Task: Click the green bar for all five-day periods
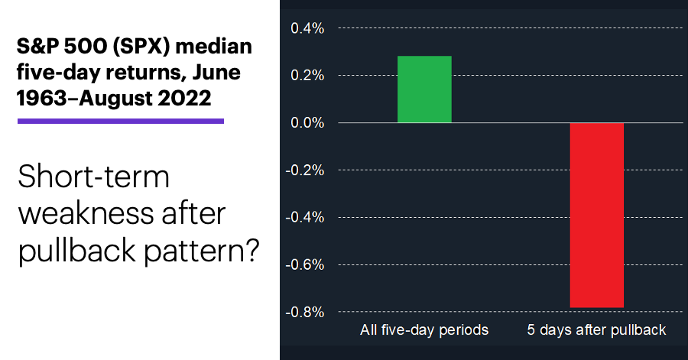pos(424,89)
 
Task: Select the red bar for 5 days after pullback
pos(597,216)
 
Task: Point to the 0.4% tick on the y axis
pos(307,28)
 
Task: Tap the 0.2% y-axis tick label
pos(307,76)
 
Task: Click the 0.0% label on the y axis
pos(307,123)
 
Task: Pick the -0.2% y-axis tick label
pos(305,170)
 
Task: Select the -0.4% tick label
pos(305,218)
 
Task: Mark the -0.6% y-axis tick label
pos(305,265)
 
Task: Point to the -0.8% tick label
pos(305,312)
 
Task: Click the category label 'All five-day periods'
pos(424,329)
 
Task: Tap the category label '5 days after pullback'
pos(597,329)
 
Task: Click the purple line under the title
pos(121,121)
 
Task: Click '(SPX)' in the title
pos(141,47)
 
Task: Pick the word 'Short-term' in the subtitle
pos(93,177)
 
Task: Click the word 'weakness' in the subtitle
pos(85,214)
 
